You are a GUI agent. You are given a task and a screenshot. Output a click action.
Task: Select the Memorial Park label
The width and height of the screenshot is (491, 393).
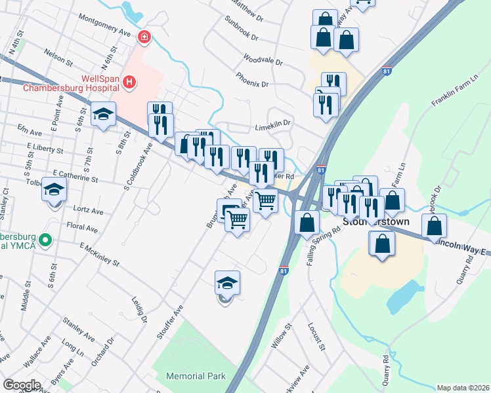[x=196, y=376]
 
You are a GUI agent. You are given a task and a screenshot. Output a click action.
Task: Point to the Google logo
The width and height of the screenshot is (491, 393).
[x=22, y=385]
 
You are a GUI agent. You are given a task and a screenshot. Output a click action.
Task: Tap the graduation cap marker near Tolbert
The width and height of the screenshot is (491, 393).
[x=55, y=191]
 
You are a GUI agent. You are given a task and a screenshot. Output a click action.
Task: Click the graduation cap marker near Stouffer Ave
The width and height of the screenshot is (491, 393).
[x=227, y=284]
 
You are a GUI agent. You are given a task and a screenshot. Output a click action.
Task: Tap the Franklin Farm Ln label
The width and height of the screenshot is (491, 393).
[x=452, y=94]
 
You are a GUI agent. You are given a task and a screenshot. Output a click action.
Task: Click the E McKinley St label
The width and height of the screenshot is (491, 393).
[x=99, y=255]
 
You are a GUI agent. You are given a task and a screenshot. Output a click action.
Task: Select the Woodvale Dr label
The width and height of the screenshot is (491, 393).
[x=262, y=61]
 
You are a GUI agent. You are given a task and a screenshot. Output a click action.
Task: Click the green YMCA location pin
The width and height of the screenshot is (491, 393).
[x=45, y=240]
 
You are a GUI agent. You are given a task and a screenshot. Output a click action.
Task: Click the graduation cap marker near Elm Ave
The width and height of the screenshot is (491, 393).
[x=104, y=115]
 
